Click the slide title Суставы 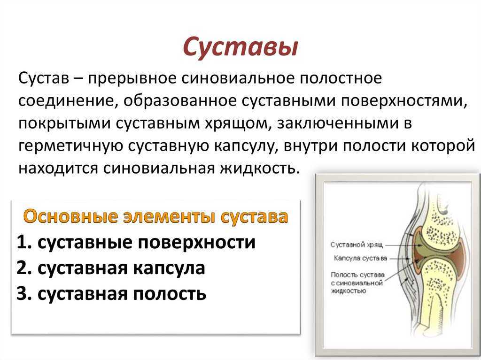[x=240, y=47]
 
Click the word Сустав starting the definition [x=44, y=78]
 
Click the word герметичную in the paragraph [x=70, y=146]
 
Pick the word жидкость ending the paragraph [x=259, y=169]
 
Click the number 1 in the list [x=23, y=242]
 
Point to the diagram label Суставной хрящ [x=357, y=245]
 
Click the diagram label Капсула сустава [x=360, y=259]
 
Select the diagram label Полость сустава [x=357, y=275]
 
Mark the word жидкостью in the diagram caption [x=349, y=291]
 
